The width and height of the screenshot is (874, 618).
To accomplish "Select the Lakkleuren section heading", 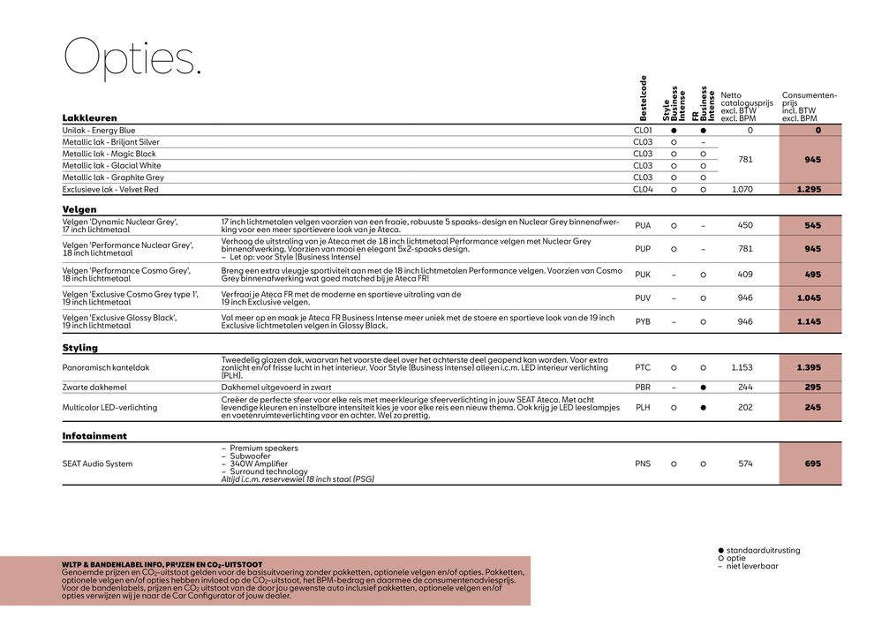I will point(89,117).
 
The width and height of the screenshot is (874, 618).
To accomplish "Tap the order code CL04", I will point(643,189).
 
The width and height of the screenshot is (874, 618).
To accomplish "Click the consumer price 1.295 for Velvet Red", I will point(809,189).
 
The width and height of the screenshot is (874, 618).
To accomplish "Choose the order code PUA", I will point(643,225).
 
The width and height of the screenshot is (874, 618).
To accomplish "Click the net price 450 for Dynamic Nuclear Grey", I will point(745,225).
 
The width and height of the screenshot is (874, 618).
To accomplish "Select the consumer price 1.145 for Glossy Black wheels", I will point(809,321).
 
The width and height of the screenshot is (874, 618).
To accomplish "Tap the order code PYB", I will point(643,321).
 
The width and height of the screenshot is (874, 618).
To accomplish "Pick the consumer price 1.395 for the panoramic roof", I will point(809,366).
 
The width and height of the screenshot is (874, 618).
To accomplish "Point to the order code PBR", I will point(643,387).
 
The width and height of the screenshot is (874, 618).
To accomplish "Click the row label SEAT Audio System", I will point(97,463).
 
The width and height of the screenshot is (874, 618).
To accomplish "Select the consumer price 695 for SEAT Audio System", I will point(812,463).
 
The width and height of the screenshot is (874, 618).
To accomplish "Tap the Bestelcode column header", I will point(644,98).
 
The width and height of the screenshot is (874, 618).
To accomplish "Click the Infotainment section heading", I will point(94,435).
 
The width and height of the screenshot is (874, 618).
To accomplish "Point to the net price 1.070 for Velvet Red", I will point(745,189).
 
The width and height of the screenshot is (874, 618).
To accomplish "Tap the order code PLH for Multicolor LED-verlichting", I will point(643,407).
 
